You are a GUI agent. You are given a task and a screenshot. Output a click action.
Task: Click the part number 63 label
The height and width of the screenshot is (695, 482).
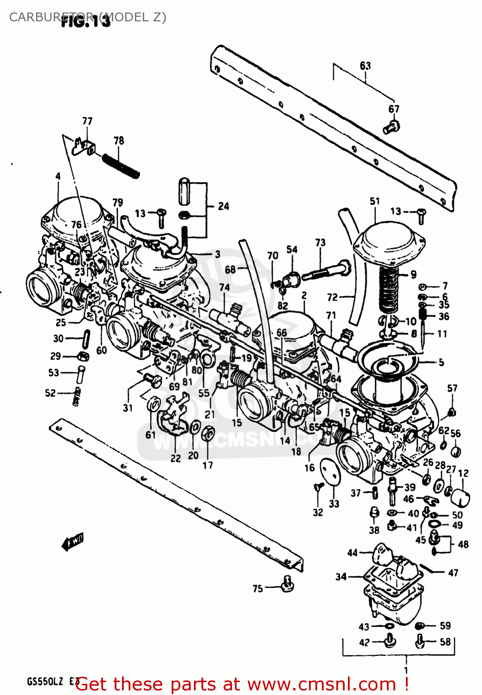click(x=365, y=66)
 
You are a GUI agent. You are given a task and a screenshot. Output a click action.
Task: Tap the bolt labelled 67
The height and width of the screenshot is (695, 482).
click(x=392, y=126)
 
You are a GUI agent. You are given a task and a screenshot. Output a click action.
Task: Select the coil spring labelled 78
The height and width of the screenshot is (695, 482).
click(x=121, y=165)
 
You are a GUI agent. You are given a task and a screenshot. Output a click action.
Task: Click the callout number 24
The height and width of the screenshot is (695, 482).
click(x=224, y=206)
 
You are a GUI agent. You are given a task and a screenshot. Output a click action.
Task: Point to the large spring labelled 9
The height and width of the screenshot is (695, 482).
click(x=389, y=291)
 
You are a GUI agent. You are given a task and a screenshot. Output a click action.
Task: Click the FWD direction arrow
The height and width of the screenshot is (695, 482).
click(x=73, y=541)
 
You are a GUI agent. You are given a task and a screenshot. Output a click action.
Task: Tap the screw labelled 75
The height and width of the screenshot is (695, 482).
click(x=287, y=584)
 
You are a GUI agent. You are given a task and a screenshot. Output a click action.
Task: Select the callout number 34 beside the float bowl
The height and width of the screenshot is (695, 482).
click(x=341, y=576)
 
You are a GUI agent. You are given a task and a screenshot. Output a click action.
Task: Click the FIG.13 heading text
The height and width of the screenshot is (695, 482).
click(x=86, y=21)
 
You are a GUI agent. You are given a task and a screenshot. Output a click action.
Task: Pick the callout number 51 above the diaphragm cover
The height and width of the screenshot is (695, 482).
click(x=375, y=201)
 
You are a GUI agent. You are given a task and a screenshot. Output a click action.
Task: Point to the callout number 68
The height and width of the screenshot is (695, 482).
click(x=230, y=269)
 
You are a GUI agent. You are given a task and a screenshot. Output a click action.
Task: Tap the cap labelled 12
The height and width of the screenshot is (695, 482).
click(x=460, y=498)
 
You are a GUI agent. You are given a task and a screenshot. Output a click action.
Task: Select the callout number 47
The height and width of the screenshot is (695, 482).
click(x=453, y=573)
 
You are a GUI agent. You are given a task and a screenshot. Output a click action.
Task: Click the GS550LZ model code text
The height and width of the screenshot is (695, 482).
click(x=45, y=682)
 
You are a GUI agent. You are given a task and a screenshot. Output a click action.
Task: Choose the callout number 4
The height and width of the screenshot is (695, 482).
click(x=58, y=176)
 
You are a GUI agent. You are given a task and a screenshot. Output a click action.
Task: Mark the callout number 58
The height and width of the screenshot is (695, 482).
click(x=445, y=642)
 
